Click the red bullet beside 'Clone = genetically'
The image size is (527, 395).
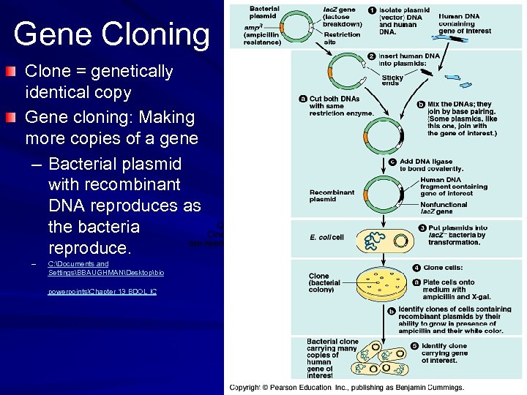[x=9, y=72]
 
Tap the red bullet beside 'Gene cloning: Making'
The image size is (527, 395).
[x=9, y=117]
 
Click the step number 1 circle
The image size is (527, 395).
[x=372, y=10]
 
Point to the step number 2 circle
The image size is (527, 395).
[x=372, y=56]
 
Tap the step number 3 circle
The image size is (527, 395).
[x=422, y=228]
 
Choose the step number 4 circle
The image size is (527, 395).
[x=416, y=267]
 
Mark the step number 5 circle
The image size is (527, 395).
[x=415, y=345]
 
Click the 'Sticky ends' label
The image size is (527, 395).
[x=392, y=80]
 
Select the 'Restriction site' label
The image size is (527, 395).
[x=342, y=38]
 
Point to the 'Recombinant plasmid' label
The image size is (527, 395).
[x=332, y=195]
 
